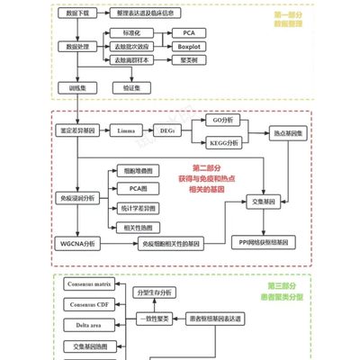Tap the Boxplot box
[189, 44]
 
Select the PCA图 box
[135, 188]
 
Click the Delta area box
[90, 325]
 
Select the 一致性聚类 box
[154, 318]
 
